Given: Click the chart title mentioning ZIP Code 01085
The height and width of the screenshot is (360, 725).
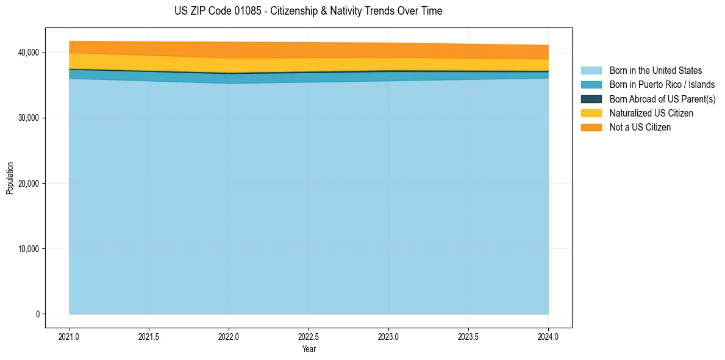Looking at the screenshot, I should tap(308, 11).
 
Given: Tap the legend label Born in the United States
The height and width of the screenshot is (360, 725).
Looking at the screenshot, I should tap(655, 71).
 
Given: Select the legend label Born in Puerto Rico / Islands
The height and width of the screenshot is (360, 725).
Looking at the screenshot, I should tap(662, 85).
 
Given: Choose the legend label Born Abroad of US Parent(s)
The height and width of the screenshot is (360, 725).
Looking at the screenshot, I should tap(662, 99).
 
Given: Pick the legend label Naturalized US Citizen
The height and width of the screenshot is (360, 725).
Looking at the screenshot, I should tap(651, 113).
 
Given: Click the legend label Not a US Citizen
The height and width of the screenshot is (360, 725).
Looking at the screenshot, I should tap(640, 127).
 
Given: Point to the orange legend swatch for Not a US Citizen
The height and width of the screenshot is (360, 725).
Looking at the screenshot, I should tap(591, 127).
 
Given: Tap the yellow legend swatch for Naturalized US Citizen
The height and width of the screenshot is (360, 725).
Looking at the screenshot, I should tap(591, 113).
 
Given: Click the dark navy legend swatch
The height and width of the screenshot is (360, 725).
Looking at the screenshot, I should tap(591, 99).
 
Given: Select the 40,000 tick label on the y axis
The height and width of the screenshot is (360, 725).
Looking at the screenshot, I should tap(29, 52).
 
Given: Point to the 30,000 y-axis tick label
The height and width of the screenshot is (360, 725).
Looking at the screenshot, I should tap(29, 118).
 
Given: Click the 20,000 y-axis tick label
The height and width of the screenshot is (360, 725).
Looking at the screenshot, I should tap(29, 183).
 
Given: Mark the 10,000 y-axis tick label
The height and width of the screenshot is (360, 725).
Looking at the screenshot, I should tap(29, 248).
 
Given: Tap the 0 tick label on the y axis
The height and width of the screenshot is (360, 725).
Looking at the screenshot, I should tap(37, 314).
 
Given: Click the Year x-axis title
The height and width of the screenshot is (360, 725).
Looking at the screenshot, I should tap(309, 349).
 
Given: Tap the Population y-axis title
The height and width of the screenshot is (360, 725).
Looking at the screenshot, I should tap(10, 178).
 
